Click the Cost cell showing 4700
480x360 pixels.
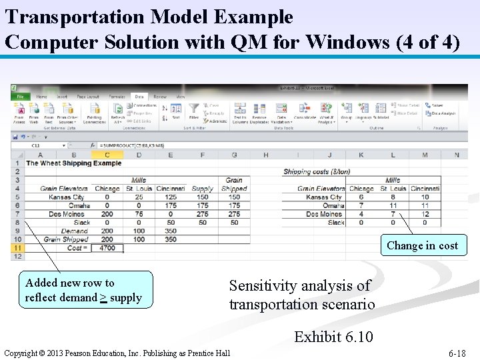pos(107,248)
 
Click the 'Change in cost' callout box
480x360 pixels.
pos(422,245)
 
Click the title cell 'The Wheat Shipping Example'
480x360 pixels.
pos(73,163)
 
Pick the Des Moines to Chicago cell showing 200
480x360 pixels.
pos(107,214)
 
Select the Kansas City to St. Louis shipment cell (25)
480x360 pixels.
pos(139,197)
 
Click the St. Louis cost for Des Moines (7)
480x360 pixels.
pos(393,214)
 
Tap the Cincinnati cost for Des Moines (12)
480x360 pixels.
pos(425,214)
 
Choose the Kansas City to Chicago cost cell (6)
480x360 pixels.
pos(361,197)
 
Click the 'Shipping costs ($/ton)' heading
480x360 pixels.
pos(317,172)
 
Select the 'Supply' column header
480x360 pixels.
pos(202,189)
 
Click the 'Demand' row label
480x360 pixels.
pos(74,231)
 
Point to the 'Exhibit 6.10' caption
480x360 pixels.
pos(333,336)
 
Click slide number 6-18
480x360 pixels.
pos(457,353)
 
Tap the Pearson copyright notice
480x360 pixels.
pos(117,353)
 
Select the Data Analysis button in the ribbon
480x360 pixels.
pos(443,114)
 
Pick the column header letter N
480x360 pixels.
pos(456,155)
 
